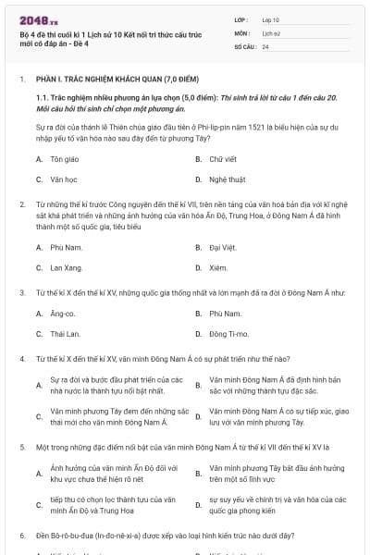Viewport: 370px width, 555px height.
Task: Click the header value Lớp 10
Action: click(x=270, y=18)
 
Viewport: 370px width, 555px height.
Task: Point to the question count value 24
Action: click(x=265, y=45)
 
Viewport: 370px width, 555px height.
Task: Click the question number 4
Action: click(x=21, y=356)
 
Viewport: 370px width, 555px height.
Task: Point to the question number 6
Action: click(x=21, y=536)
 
